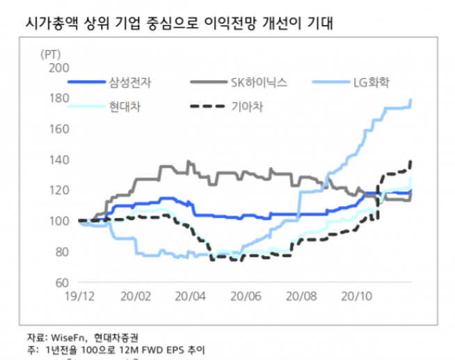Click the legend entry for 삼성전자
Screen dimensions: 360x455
pos(131,83)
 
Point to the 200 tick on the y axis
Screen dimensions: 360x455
pos(56,67)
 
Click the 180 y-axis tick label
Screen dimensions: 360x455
pos(56,98)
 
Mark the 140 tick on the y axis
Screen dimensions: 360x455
pos(56,159)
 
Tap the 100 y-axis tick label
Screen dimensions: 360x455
pos(56,221)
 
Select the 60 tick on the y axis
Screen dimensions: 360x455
pos(58,282)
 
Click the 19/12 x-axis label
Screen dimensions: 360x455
pos(79,296)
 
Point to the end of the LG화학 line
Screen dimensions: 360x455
pos(412,100)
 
